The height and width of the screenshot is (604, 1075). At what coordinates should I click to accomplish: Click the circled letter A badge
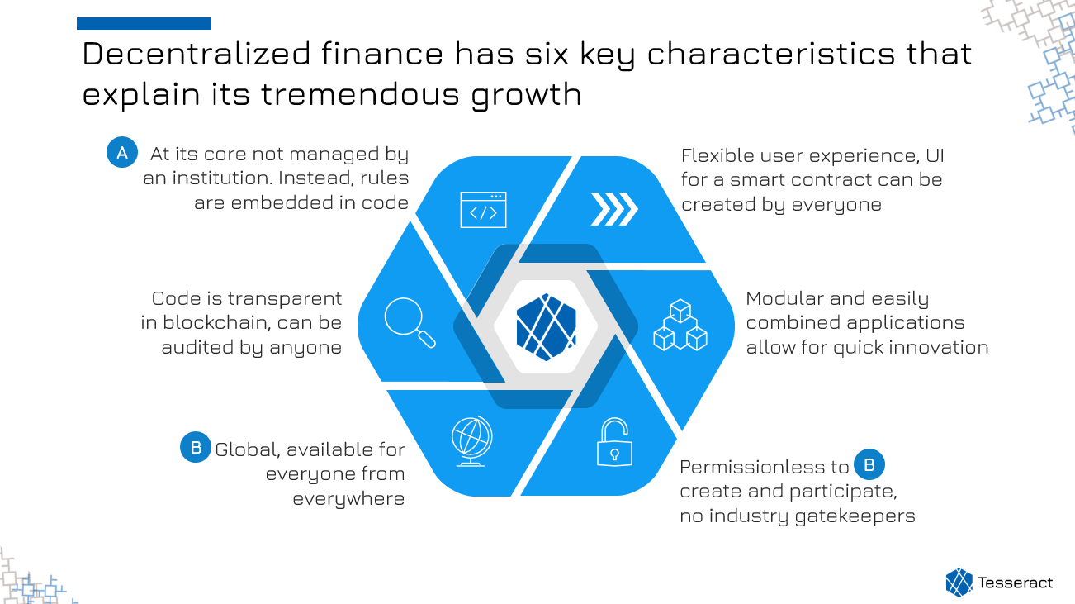coord(122,152)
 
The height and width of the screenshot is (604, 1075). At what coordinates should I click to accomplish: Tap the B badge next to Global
coord(196,447)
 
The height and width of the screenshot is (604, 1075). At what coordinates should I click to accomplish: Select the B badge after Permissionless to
coord(869,464)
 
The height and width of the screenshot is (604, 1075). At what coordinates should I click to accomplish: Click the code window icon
coord(483,210)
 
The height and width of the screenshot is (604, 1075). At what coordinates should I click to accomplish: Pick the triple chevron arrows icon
coord(614,209)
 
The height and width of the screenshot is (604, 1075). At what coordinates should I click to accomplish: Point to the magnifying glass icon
coord(410,322)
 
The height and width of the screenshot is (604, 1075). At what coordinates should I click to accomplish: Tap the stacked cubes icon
coord(680,325)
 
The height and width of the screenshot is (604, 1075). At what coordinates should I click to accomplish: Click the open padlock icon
coord(614,442)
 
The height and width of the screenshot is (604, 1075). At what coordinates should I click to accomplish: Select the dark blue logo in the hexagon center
coord(546,327)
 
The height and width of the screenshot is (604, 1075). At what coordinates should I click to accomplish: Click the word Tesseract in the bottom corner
coord(1015,583)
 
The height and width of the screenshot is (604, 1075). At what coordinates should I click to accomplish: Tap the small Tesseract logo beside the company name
coord(959,583)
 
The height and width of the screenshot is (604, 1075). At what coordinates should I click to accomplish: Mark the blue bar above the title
coord(144,23)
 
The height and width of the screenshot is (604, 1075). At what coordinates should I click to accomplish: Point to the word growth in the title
coord(526,94)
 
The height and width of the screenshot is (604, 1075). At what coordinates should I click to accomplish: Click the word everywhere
coord(348,499)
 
